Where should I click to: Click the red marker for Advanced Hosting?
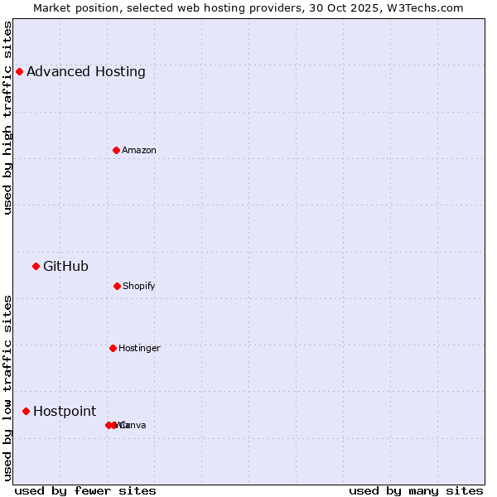(x=19, y=71)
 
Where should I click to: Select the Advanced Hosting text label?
(x=86, y=71)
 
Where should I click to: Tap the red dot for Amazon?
(x=116, y=150)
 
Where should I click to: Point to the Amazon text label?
(x=139, y=150)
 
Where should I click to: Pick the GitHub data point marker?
(x=36, y=266)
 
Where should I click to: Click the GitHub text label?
(x=65, y=266)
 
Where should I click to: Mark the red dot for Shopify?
(x=117, y=286)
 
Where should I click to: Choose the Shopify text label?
(x=139, y=286)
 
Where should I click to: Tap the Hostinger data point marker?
(x=113, y=348)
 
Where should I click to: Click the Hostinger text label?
(x=139, y=348)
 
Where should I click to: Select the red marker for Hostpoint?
(x=26, y=411)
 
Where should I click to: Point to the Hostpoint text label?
(x=65, y=411)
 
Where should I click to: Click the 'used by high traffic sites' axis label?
(x=7, y=118)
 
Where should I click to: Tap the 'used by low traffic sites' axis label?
(x=7, y=387)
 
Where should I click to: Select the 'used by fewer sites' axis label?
(x=85, y=490)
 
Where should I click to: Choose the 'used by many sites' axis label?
(x=416, y=490)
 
